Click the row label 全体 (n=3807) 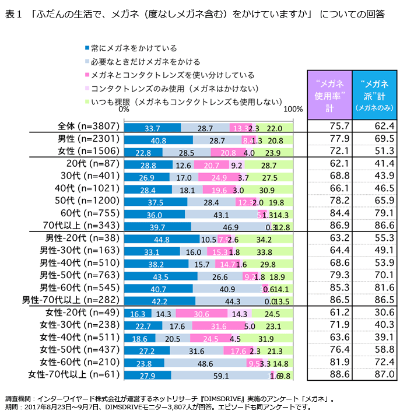click(x=89, y=127)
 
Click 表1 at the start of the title click(x=14, y=13)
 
